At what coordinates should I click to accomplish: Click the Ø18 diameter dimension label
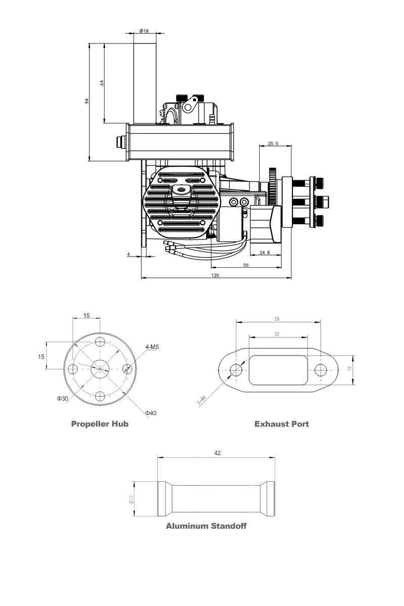pos(144,31)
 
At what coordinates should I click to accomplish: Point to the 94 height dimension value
pos(87,102)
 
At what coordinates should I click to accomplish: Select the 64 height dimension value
pos(102,83)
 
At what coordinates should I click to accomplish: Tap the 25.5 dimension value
pos(273,143)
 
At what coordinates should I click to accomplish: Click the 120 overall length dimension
pos(216,275)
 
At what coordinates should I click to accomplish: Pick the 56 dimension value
pos(246,264)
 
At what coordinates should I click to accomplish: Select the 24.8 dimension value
pos(264,252)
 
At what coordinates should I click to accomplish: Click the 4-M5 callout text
pos(152,347)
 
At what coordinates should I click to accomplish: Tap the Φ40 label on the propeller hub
pos(150,413)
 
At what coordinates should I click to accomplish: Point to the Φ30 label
pos(63,398)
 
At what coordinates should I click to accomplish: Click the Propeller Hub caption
pos(100,424)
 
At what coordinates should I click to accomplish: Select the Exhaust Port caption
pos(281,424)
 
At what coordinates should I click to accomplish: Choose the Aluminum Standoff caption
pos(206,526)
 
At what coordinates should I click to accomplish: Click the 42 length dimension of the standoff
pos(217,453)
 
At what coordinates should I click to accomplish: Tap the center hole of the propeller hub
pos(100,368)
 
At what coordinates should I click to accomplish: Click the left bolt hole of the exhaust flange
pos(236,370)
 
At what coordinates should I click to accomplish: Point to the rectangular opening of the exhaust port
pos(278,370)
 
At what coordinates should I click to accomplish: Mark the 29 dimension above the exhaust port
pos(278,319)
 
